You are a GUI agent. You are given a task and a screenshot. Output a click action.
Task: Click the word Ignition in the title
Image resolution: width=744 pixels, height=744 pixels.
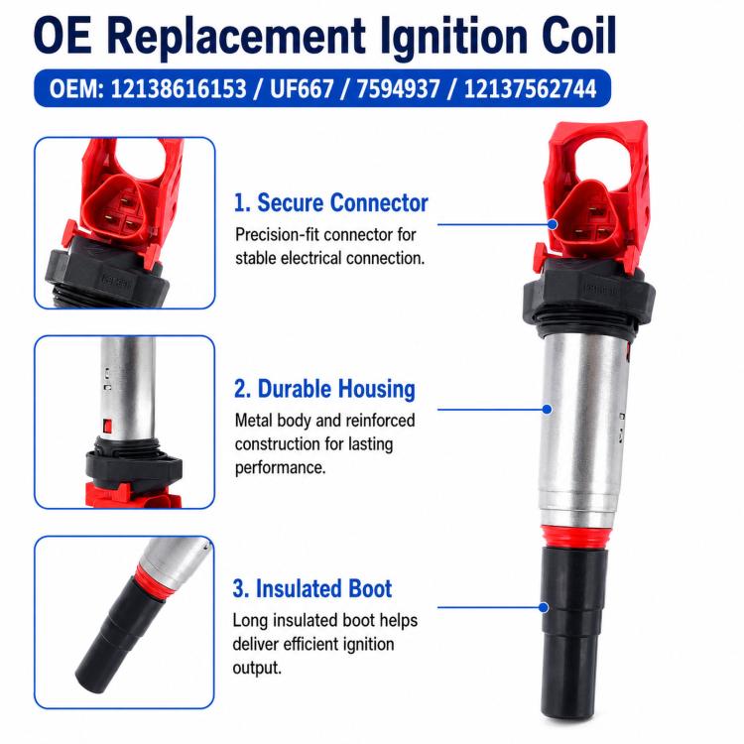452,37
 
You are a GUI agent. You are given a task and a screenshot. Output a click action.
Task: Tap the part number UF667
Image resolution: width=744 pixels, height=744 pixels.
302,88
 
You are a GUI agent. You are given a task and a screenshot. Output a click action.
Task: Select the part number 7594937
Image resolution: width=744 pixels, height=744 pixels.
398,88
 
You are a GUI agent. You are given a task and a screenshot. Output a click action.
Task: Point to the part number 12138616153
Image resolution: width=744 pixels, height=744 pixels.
179,88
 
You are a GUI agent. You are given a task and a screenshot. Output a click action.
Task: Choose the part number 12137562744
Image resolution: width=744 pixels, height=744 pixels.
530,88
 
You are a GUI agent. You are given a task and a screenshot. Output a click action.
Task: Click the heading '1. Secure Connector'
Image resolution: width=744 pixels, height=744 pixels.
330,202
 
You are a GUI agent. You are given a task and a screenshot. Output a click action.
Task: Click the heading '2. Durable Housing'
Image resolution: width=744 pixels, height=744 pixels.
324,389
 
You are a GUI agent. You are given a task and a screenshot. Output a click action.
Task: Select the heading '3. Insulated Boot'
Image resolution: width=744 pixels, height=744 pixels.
312,589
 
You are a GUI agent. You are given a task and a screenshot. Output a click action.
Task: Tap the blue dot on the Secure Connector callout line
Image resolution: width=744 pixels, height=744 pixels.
553,224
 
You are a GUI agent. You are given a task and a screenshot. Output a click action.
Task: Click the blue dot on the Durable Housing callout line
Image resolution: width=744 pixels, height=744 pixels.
547,409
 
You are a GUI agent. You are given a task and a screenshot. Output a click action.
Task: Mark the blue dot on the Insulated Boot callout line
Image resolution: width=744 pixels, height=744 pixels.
544,607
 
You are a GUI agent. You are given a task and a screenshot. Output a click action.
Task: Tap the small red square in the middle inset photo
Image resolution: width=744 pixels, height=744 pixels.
107,427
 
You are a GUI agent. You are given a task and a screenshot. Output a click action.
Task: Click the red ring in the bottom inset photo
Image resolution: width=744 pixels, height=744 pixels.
150,581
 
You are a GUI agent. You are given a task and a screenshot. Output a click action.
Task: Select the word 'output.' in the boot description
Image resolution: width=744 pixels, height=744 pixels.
257,668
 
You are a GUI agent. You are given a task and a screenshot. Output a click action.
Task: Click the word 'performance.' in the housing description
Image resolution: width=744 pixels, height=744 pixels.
280,468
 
